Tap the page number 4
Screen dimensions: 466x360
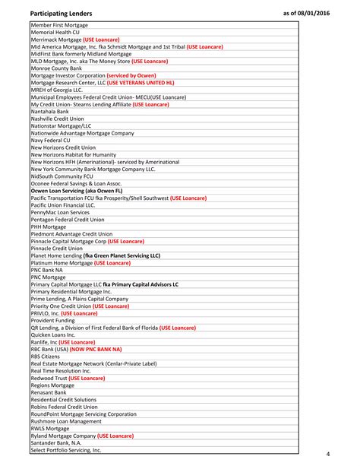pyautogui.click(x=327, y=454)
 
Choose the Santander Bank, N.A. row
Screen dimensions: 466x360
pyautogui.click(x=56, y=442)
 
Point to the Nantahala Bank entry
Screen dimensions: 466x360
pyautogui.click(x=49, y=111)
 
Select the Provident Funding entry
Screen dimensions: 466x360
pyautogui.click(x=52, y=320)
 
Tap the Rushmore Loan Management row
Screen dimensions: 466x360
pyautogui.click(x=66, y=421)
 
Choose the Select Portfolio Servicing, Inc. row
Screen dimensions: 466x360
pyautogui.click(x=66, y=450)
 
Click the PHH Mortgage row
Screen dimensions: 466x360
pyautogui.click(x=48, y=227)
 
